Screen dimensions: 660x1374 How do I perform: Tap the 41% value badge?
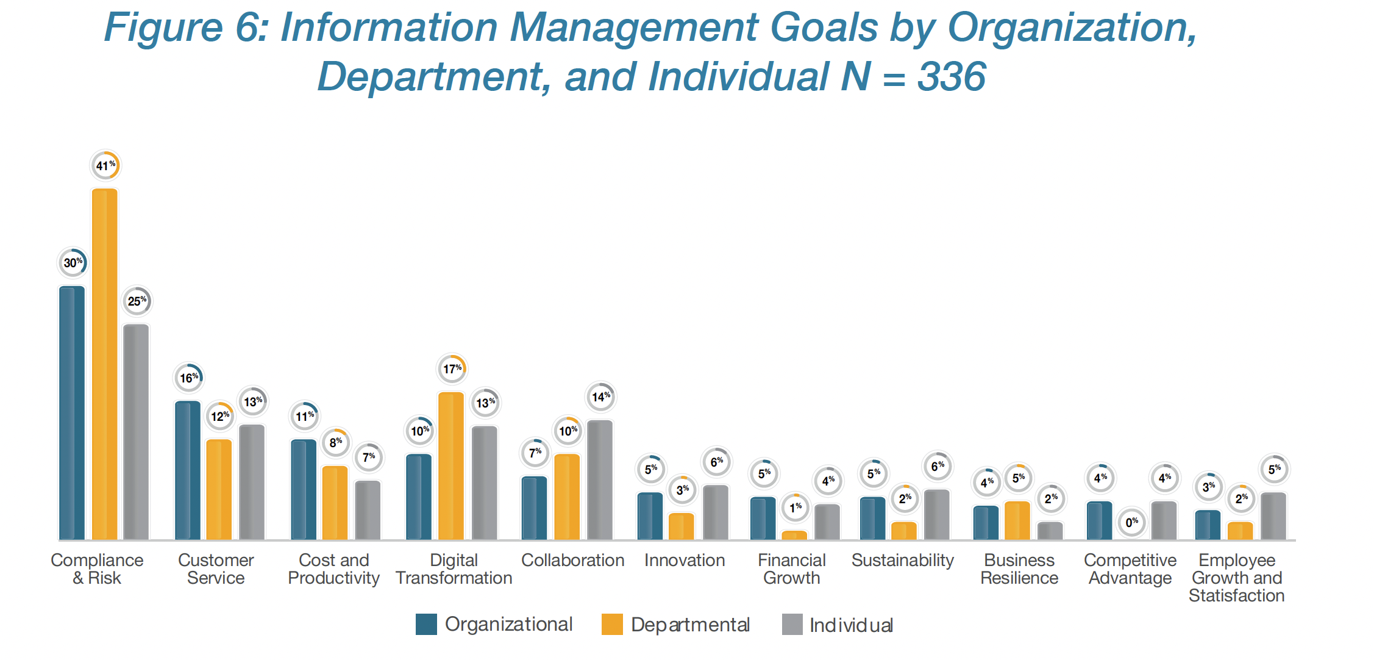pyautogui.click(x=105, y=165)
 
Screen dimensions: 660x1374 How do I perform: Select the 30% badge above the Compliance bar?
pyautogui.click(x=73, y=263)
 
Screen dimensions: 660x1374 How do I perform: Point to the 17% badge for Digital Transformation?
pyautogui.click(x=452, y=369)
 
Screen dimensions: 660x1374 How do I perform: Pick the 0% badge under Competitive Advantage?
pyautogui.click(x=1132, y=522)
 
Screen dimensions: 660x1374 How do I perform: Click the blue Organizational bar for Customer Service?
pyautogui.click(x=188, y=470)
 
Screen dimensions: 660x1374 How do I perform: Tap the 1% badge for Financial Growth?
pyautogui.click(x=796, y=507)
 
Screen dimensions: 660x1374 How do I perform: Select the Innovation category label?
pyautogui.click(x=685, y=560)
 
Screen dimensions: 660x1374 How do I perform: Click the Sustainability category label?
pyautogui.click(x=902, y=560)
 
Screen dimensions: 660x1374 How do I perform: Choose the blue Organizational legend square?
pyautogui.click(x=426, y=625)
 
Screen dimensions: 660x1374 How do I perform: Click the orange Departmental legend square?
pyautogui.click(x=612, y=625)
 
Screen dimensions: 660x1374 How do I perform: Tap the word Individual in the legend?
pyautogui.click(x=851, y=625)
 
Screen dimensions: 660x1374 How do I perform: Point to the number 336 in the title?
pyautogui.click(x=951, y=77)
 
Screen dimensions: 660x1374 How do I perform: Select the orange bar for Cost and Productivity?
pyautogui.click(x=335, y=503)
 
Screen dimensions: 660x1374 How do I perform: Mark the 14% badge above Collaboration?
pyautogui.click(x=600, y=397)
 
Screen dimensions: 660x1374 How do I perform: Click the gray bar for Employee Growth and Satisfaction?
pyautogui.click(x=1273, y=516)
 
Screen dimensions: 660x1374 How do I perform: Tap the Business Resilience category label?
pyautogui.click(x=1019, y=569)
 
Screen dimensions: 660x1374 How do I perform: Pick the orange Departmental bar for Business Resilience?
pyautogui.click(x=1017, y=520)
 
